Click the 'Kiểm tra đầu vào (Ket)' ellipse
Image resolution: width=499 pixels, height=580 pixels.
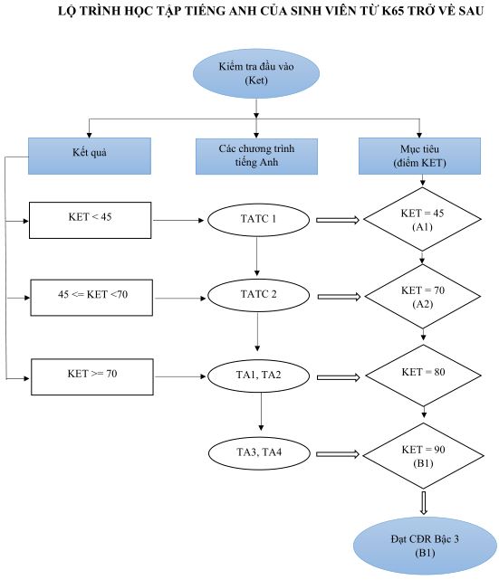tap(256, 73)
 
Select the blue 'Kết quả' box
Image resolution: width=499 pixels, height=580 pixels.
tap(90, 156)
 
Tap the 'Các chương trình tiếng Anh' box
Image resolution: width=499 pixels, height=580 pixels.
tap(256, 157)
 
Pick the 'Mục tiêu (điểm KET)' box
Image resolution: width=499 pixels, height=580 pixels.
tap(420, 156)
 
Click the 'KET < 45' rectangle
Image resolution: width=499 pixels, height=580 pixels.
tap(91, 220)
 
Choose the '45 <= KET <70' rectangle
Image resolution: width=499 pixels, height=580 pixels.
tap(91, 298)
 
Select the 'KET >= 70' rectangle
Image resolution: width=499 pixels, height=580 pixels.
tap(92, 377)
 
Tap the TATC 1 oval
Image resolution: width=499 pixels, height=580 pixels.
tap(258, 220)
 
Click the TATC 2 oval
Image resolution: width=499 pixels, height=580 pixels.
tap(258, 295)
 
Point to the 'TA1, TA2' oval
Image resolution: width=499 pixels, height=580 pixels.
tap(258, 376)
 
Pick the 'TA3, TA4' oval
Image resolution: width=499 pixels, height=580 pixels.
tap(259, 453)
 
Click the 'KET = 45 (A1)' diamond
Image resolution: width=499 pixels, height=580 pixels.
tap(422, 219)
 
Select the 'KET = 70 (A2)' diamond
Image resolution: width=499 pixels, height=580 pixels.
tap(423, 296)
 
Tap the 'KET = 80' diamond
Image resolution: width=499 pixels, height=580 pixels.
tap(424, 376)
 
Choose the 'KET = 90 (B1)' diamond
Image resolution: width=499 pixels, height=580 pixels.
tap(424, 455)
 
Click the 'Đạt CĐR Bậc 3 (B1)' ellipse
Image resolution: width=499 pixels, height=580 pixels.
tap(425, 546)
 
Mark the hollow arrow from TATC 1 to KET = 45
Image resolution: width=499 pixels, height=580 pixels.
tap(338, 220)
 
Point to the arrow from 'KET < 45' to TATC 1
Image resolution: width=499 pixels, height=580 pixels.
tap(178, 221)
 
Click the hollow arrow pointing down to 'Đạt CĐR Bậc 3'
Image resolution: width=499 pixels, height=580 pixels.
tap(424, 503)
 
